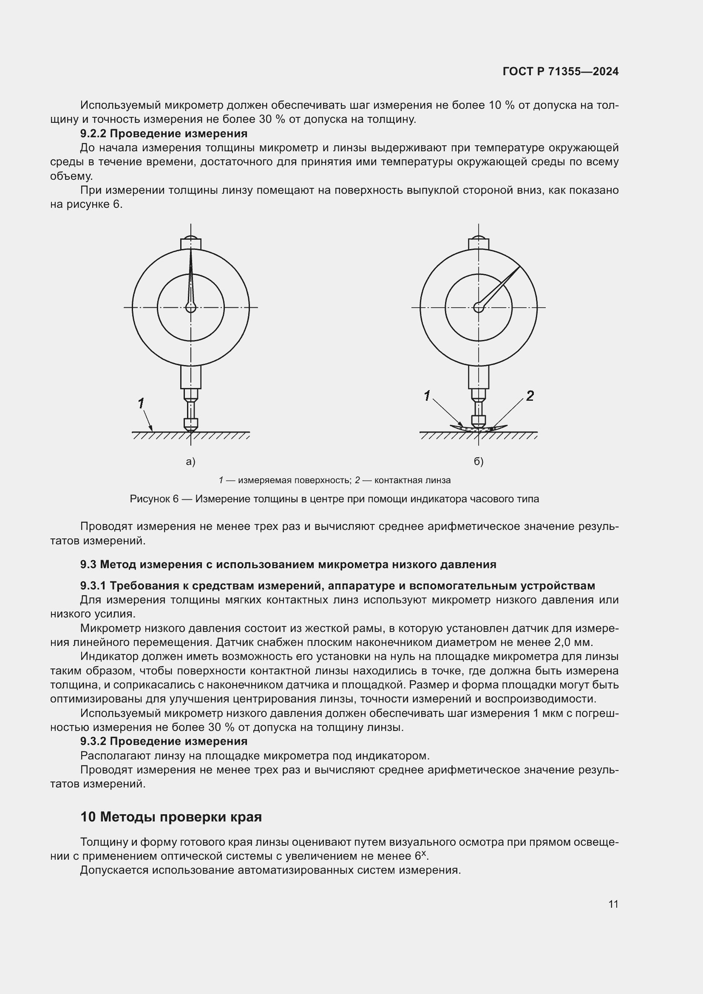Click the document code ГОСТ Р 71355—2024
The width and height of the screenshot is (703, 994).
(x=560, y=71)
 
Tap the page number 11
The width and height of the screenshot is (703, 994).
(x=613, y=904)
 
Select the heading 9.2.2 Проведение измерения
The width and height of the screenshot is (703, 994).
(x=164, y=133)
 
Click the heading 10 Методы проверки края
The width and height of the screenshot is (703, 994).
(x=171, y=817)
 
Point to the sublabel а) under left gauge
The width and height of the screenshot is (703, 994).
(x=190, y=462)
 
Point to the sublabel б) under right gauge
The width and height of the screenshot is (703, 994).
(x=478, y=462)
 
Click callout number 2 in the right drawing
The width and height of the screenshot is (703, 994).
(x=530, y=396)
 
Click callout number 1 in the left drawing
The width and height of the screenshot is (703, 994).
(x=141, y=403)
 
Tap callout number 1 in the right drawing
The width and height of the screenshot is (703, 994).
(x=427, y=396)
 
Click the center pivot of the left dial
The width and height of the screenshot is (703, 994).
(x=190, y=307)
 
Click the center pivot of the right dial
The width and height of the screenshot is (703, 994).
(x=478, y=307)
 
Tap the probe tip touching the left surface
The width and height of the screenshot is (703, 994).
(x=190, y=430)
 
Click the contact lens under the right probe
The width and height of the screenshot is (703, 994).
(x=498, y=428)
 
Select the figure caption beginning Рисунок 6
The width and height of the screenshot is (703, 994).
(x=334, y=499)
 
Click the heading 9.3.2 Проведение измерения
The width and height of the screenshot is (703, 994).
(x=164, y=741)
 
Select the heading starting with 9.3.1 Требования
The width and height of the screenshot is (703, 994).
(x=337, y=586)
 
